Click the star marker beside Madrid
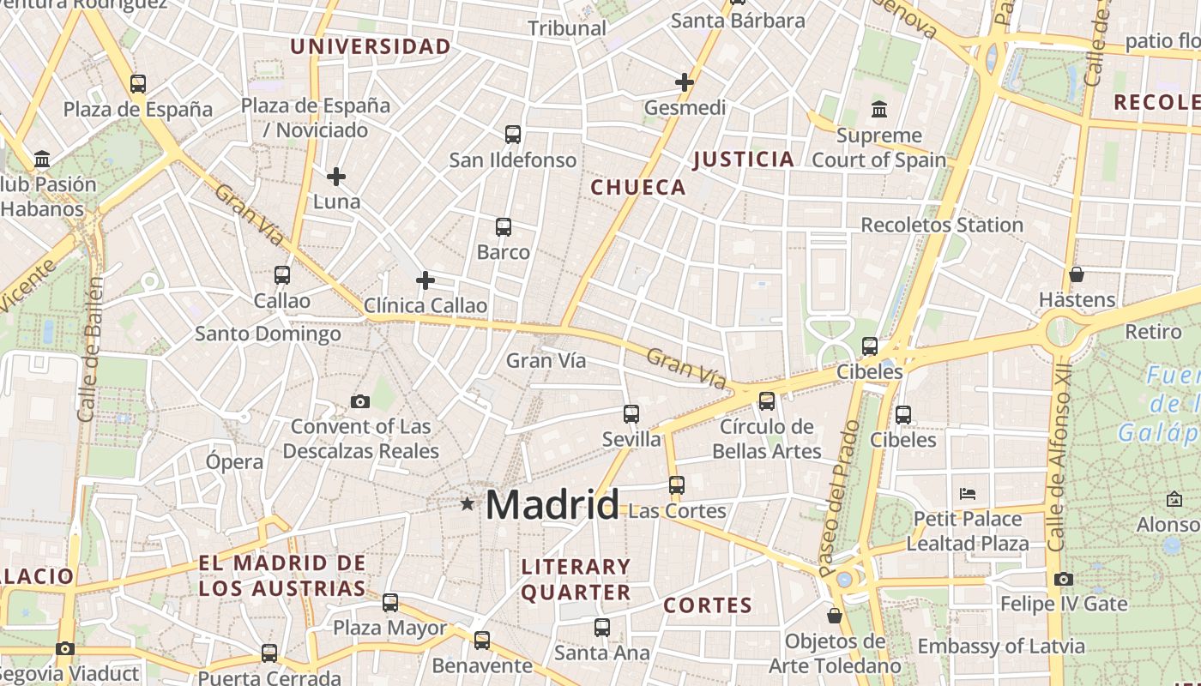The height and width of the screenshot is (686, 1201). pos(468,503)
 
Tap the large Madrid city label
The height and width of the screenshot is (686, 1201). pos(552,505)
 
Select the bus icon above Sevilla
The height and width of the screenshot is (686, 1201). pos(631,414)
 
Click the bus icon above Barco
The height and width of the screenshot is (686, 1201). pos(504,227)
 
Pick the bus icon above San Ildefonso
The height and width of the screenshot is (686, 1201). pos(513,135)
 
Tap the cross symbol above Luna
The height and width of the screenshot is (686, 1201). pos(336,177)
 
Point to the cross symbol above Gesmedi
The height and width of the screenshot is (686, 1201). pos(685,82)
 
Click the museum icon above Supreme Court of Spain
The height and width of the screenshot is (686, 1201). pos(879,110)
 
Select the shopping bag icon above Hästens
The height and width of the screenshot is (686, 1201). pos(1077,274)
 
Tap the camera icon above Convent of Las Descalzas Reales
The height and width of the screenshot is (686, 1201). pos(360,401)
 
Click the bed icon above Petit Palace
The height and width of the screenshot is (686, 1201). pos(968,494)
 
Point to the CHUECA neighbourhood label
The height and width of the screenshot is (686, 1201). pos(639,187)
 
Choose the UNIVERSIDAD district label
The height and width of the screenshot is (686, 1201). pos(371,46)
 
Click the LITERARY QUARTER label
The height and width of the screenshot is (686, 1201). pos(576,579)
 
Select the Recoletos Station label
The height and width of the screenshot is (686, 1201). pos(942,225)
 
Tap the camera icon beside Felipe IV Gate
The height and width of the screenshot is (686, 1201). pos(1064,579)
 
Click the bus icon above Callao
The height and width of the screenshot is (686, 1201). pos(282,275)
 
